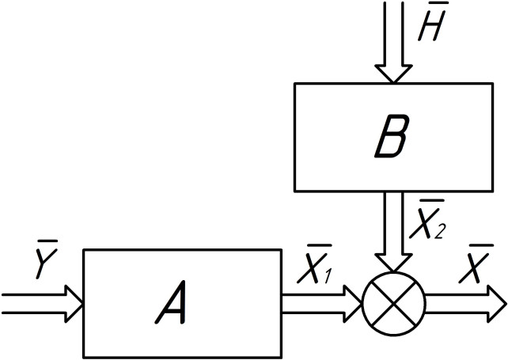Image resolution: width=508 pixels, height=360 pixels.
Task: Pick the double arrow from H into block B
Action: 393,40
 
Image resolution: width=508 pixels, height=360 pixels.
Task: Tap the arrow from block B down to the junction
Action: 393,229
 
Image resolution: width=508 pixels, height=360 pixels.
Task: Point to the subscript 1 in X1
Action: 327,278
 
